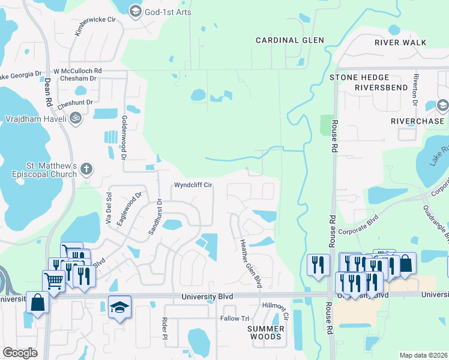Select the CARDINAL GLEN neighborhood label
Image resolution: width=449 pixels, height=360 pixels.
click(x=289, y=40)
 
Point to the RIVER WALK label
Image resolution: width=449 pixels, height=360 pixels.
click(x=400, y=43)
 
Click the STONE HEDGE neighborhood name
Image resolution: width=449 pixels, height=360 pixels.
click(x=359, y=77)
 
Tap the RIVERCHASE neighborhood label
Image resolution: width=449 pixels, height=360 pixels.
click(x=417, y=121)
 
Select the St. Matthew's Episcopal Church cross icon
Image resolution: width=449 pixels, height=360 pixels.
click(x=86, y=169)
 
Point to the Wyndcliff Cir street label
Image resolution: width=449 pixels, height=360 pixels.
click(x=194, y=185)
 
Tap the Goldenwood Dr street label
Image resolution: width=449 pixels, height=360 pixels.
click(x=125, y=137)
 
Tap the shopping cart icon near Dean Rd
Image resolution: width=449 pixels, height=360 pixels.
click(x=53, y=280)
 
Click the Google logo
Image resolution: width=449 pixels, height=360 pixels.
click(x=20, y=353)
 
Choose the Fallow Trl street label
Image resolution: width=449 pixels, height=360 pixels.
click(x=235, y=318)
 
